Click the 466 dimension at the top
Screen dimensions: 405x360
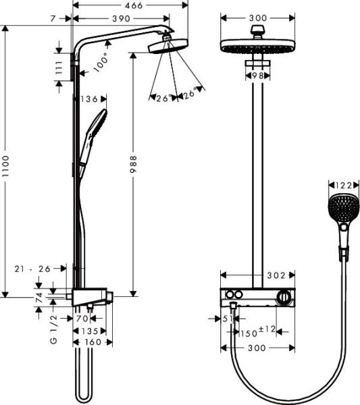121,5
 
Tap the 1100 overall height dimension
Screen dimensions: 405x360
7,165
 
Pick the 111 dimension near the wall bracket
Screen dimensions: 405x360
59,67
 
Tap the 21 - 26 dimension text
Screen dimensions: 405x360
32,269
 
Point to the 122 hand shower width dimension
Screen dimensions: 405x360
342,184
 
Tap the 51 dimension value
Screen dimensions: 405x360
228,319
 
